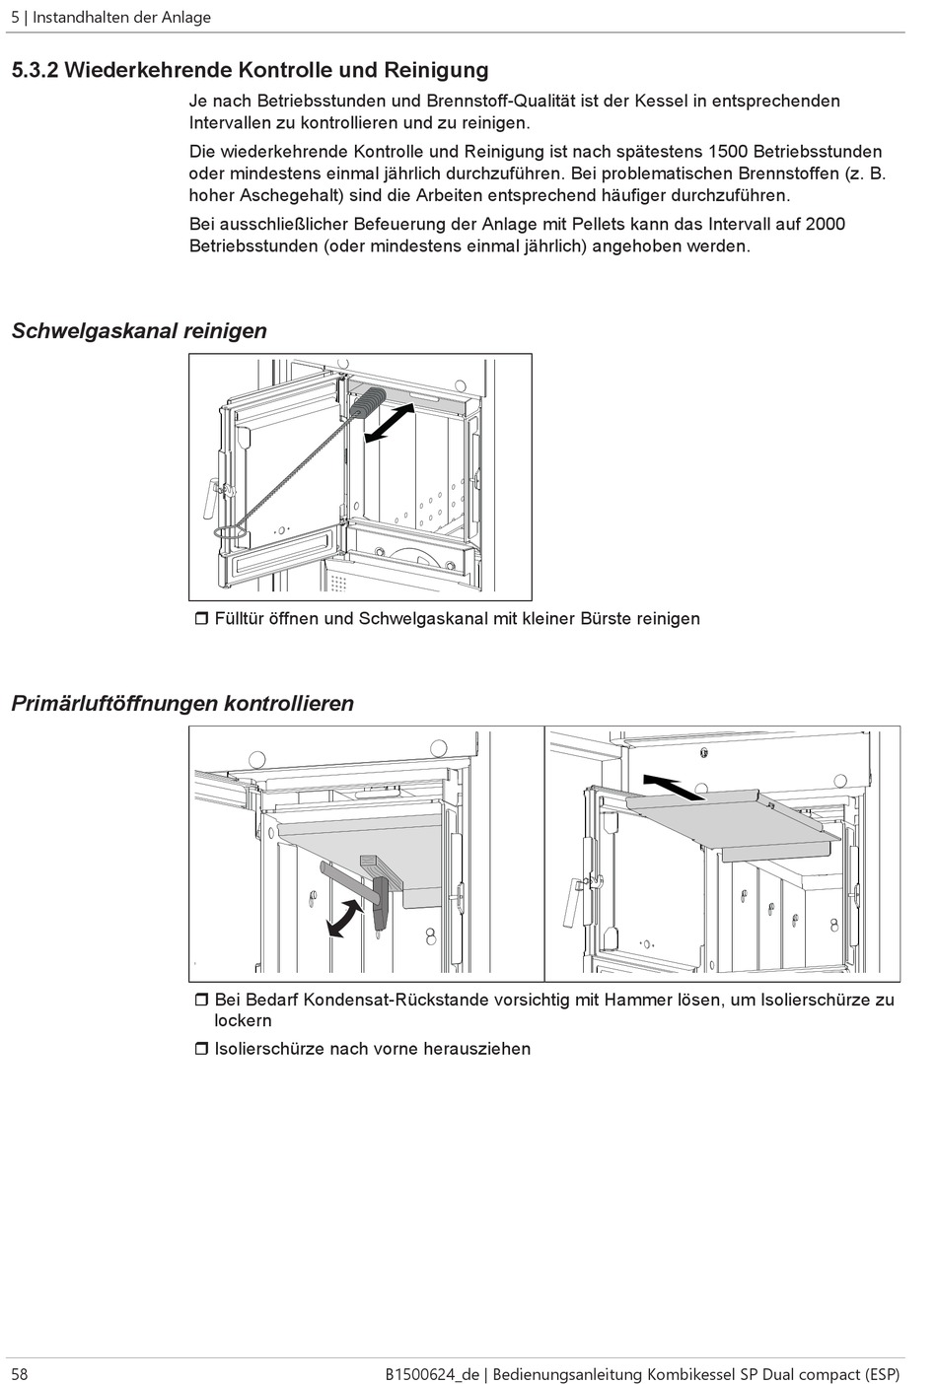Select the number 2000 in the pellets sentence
click(825, 224)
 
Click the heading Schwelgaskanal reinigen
click(139, 331)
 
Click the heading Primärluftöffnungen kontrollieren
click(182, 704)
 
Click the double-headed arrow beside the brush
click(390, 421)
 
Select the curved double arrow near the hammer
click(343, 918)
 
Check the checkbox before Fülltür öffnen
click(200, 619)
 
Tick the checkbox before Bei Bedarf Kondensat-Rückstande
click(200, 1001)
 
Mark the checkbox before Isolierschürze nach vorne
click(200, 1049)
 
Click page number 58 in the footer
click(20, 1373)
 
